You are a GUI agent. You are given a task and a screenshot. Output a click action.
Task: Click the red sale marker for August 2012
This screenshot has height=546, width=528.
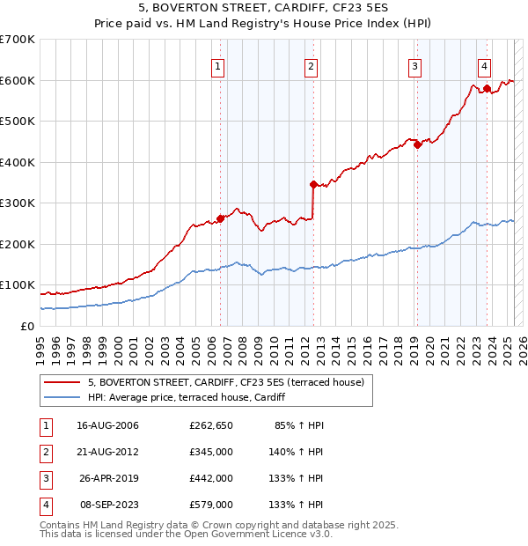point(312,184)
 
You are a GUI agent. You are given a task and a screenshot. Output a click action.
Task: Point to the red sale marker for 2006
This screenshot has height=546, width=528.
point(220,218)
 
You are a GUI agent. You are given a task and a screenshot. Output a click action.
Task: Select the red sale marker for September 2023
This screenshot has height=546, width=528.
point(486,88)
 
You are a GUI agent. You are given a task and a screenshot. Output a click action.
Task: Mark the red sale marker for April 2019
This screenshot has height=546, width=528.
point(417,145)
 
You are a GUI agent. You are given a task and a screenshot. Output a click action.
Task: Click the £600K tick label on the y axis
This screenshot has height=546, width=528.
point(17,80)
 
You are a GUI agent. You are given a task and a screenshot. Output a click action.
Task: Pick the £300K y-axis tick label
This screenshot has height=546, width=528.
point(17,203)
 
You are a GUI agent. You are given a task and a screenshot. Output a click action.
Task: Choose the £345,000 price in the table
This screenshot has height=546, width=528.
point(211,452)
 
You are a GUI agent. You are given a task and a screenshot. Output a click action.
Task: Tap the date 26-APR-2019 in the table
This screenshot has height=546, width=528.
point(108,478)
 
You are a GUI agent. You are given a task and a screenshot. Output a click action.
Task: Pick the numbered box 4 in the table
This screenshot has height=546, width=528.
point(43,505)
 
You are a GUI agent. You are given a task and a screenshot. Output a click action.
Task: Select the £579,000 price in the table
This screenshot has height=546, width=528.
point(211,505)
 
